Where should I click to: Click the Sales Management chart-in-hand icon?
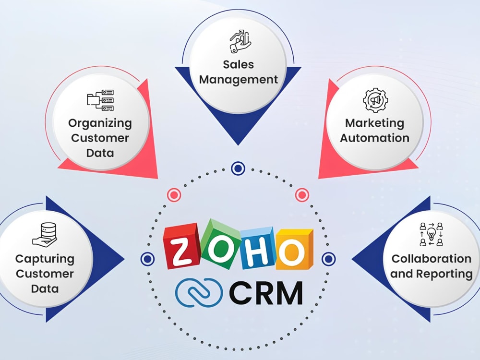point(240,41)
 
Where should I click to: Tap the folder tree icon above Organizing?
point(100,100)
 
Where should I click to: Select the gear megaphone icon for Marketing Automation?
point(375,100)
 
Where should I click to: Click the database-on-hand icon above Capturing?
point(45,234)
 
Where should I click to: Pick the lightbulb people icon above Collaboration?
point(432,234)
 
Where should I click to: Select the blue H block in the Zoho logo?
point(258,248)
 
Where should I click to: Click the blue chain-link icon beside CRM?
point(199,292)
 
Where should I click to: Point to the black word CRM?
point(266,293)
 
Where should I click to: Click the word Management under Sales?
point(239,80)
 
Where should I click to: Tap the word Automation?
point(375,138)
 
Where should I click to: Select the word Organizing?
point(100,123)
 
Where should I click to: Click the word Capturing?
point(45,260)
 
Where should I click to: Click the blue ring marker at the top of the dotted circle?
point(238,168)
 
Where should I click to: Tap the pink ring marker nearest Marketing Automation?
point(302,195)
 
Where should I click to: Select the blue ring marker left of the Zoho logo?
point(147,259)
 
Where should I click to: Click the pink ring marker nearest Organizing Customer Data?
point(174,195)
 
